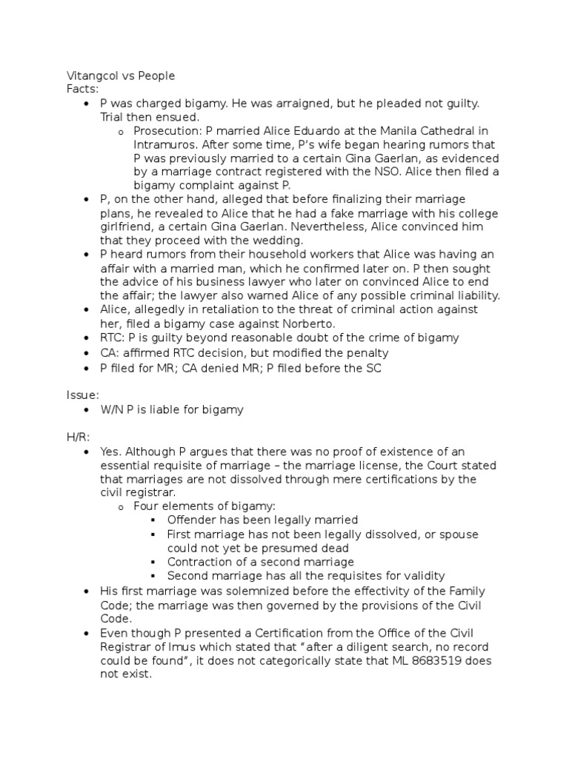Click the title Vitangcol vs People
coord(121,76)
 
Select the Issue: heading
coord(83,396)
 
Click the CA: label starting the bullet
coord(110,353)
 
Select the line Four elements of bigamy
coord(204,506)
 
